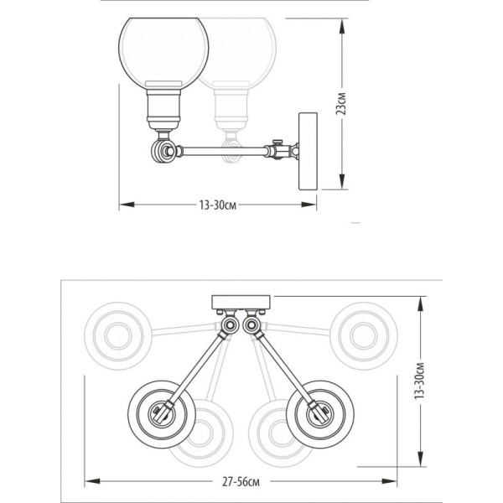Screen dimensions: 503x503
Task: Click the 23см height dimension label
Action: point(341,103)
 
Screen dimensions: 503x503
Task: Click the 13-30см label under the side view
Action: point(218,205)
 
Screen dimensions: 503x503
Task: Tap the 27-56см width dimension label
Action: point(241,482)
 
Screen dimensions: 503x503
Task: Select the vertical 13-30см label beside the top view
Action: point(420,381)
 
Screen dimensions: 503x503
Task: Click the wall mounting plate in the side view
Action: point(308,151)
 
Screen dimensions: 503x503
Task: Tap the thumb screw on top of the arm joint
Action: point(277,142)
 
